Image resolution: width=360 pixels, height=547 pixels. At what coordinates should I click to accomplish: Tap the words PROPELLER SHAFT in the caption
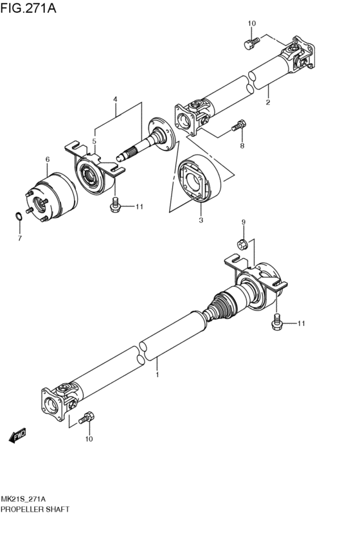click(35, 508)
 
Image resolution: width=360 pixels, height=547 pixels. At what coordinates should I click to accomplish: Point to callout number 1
click(156, 372)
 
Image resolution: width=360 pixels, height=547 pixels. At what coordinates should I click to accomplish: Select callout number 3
click(201, 220)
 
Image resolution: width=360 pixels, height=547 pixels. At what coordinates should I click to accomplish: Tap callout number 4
click(115, 100)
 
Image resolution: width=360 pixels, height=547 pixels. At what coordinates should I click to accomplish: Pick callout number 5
click(94, 141)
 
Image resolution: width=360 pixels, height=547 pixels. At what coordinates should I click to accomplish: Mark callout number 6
click(47, 159)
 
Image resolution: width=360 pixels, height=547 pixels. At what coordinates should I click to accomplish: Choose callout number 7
click(19, 238)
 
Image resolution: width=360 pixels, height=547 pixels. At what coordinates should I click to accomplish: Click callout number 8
click(242, 146)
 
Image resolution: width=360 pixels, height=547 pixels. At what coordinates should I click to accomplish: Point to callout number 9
click(244, 222)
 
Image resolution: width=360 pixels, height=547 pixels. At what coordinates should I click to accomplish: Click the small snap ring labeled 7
click(19, 217)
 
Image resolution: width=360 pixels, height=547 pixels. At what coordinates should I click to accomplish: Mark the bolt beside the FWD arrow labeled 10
click(86, 418)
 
